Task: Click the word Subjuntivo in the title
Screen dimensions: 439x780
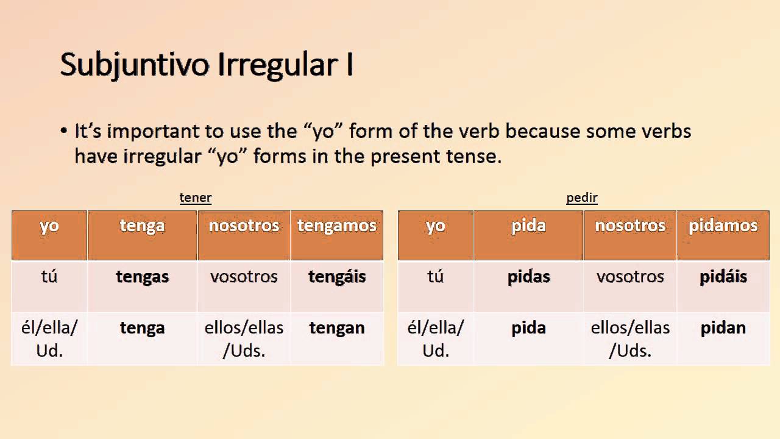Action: (x=135, y=65)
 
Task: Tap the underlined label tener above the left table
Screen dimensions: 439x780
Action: (x=196, y=198)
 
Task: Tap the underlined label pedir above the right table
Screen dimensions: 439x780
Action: (x=582, y=198)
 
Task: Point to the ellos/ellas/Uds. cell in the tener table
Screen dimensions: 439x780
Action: (x=244, y=339)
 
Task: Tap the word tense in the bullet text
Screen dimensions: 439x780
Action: (x=473, y=157)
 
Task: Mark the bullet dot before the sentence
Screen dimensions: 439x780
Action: (x=64, y=132)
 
